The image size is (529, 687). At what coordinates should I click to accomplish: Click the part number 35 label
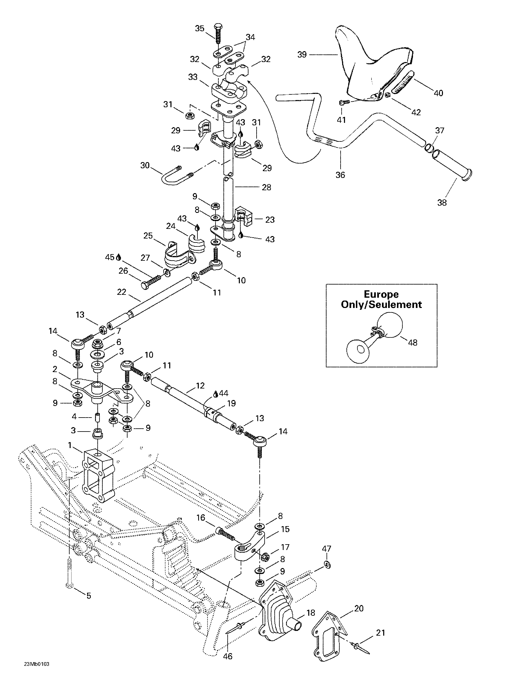[199, 28]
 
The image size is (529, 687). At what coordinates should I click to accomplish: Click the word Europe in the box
[381, 294]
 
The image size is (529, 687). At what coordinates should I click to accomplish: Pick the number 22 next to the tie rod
[121, 292]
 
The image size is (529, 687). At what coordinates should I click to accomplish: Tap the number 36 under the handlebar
[340, 175]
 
